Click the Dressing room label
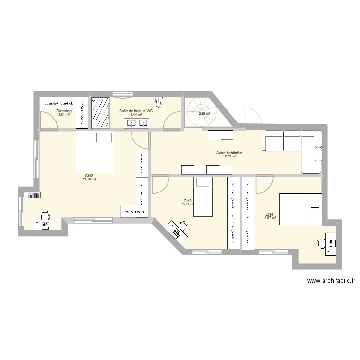point(64,111)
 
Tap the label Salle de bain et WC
point(136,111)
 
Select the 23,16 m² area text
point(89,180)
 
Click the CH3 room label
point(188,201)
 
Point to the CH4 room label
point(269,214)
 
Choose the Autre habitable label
point(229,153)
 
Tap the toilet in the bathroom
point(158,103)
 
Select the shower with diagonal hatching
point(101,113)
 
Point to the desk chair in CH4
point(320,243)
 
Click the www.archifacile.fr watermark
point(331,282)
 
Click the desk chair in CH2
point(45,215)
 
